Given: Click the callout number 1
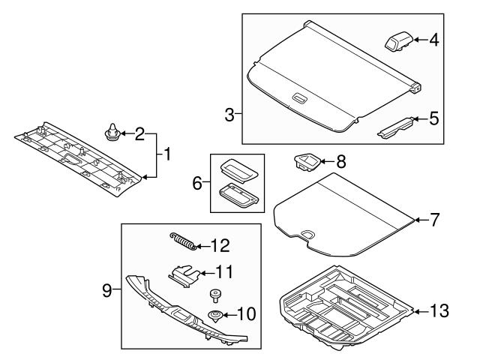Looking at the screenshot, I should pos(168,155).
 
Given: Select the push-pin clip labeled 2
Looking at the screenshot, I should pos(112,135).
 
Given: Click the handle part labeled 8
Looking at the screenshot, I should pos(305,160).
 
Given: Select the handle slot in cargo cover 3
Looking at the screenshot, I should pos(298,97).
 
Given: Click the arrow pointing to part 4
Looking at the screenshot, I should pos(420,40).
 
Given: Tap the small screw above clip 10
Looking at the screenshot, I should pos(214,294).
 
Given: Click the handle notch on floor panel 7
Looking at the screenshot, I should pos(308,235).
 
